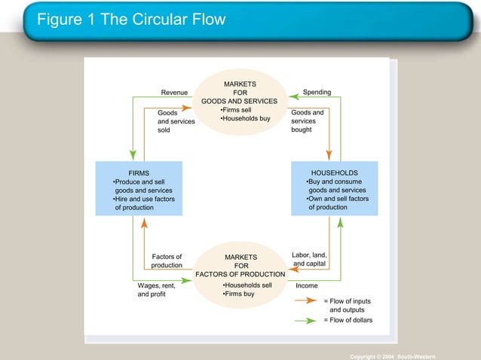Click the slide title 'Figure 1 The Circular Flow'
(x=132, y=20)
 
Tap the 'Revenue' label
(x=174, y=93)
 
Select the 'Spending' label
(x=317, y=93)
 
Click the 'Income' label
(x=306, y=286)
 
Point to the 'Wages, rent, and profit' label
(x=157, y=290)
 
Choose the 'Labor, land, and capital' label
(x=309, y=260)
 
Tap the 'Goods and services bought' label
(x=308, y=121)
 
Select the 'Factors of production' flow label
(x=167, y=261)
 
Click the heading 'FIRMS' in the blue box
(x=139, y=172)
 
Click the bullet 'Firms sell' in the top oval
(x=240, y=110)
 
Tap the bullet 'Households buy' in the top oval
(x=244, y=119)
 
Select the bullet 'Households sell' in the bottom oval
(x=247, y=285)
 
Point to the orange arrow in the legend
(x=305, y=301)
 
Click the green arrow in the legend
(x=305, y=320)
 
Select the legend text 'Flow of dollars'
(x=348, y=320)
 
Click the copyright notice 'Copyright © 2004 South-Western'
(x=392, y=355)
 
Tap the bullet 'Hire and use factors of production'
(x=142, y=203)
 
